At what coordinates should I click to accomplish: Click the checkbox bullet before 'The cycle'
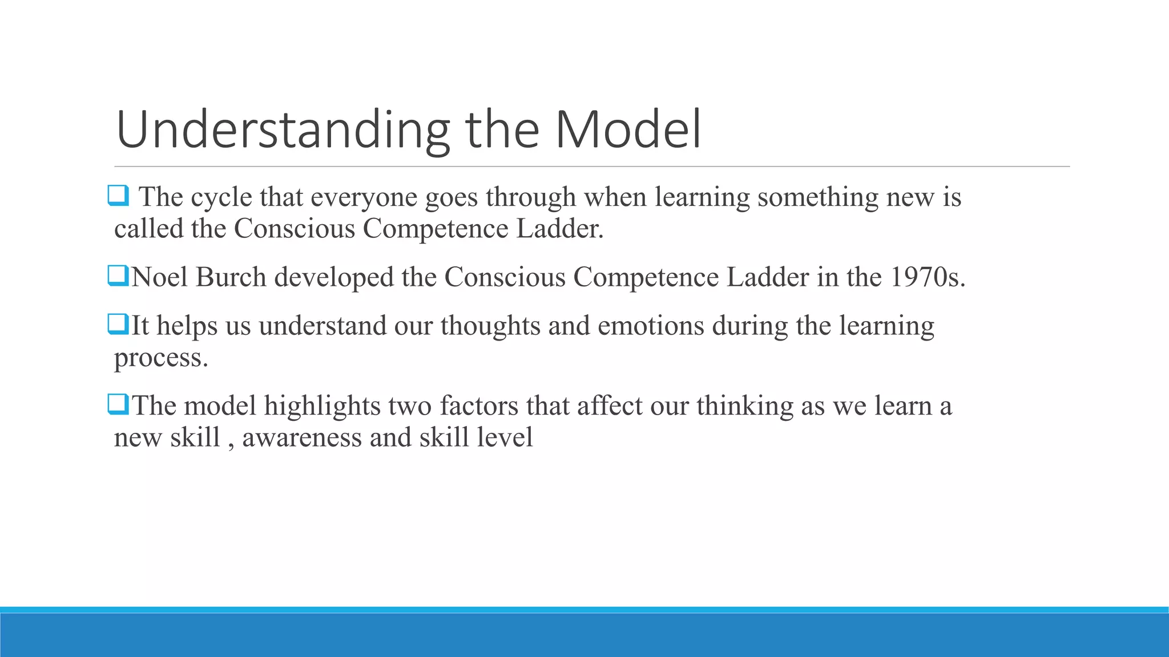click(118, 196)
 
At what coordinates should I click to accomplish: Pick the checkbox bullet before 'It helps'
click(118, 325)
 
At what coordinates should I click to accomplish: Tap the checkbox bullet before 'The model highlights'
click(118, 405)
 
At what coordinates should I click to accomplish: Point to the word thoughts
click(490, 326)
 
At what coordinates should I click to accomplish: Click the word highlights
click(322, 406)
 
